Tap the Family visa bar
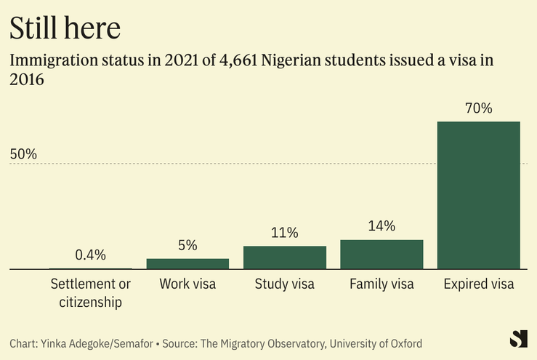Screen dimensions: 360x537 (x=381, y=255)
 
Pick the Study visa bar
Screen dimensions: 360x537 (x=284, y=257)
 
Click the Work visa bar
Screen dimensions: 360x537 (x=187, y=263)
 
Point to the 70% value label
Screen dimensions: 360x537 (x=478, y=109)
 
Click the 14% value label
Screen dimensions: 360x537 (x=381, y=226)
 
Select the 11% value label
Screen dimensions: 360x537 (x=284, y=233)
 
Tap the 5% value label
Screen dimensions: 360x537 (x=187, y=245)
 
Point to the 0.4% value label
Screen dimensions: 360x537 (x=91, y=255)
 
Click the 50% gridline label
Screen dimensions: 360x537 (x=23, y=154)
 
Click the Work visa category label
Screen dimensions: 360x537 (x=187, y=284)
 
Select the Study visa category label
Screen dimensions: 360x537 (x=284, y=284)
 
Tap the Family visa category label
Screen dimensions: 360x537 (x=381, y=284)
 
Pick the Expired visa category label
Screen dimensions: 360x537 (x=478, y=284)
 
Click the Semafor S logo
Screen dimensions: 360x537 (x=518, y=339)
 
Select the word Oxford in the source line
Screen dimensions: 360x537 (x=403, y=343)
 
